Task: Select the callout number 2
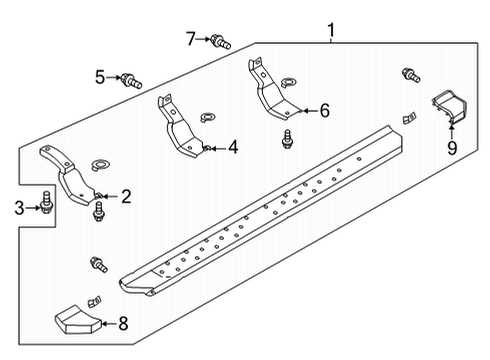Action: pos(126,196)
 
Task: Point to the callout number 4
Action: pos(232,148)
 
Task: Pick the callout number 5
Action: pos(100,76)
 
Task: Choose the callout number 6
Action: pos(323,111)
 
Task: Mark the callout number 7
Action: pos(190,39)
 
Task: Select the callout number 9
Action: pos(451,149)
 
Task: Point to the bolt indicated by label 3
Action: pos(46,204)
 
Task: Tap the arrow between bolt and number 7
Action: pos(203,40)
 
